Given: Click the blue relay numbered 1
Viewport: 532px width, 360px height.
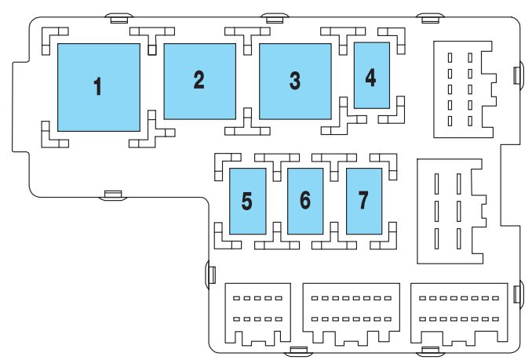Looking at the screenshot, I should (98, 87).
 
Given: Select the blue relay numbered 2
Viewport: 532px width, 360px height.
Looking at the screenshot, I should (199, 81).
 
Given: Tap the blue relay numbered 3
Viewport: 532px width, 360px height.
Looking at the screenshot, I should (295, 82).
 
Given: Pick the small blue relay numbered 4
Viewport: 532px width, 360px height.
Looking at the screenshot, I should (371, 75).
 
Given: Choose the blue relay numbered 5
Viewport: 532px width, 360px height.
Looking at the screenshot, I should (247, 201).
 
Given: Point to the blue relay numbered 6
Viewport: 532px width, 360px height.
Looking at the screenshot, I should (305, 201).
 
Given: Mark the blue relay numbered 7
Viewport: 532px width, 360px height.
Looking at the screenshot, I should (363, 201).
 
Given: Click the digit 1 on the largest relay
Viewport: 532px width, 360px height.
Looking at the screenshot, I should (98, 87).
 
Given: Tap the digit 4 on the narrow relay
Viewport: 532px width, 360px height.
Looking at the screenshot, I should (371, 77).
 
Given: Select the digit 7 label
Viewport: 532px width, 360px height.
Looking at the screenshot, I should (363, 201).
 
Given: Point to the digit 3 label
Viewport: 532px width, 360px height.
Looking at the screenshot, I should (295, 80).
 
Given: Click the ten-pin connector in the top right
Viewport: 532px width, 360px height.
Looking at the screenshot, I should (463, 86).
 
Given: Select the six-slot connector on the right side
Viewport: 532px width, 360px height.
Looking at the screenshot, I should (450, 211).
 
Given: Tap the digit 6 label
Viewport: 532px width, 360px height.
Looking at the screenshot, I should (305, 201).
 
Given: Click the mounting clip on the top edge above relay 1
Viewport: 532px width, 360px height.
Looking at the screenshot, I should (116, 16).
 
